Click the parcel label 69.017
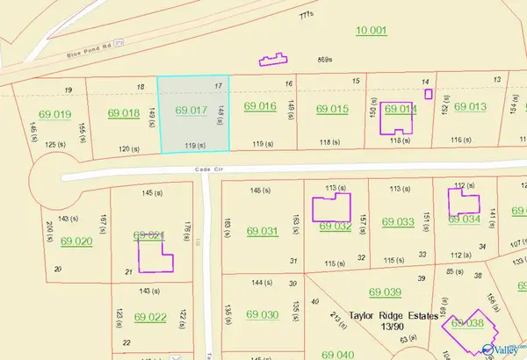[191, 111]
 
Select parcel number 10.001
[372, 30]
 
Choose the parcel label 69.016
[261, 106]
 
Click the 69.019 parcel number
[54, 114]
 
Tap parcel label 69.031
[262, 231]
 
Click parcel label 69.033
[398, 221]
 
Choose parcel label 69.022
[150, 316]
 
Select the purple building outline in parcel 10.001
[273, 60]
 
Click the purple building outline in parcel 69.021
[155, 256]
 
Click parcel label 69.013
[470, 107]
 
